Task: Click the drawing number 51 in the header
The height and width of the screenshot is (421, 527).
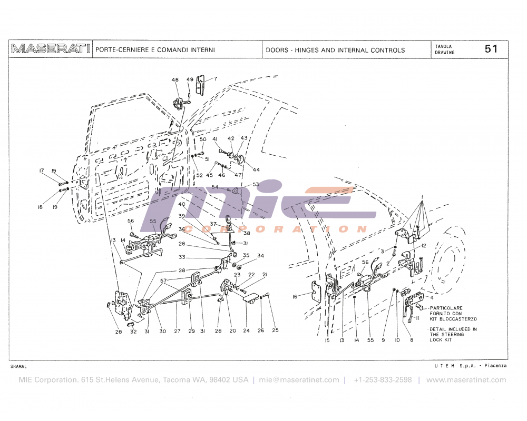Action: point(491,49)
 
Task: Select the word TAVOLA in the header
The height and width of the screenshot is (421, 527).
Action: point(443,46)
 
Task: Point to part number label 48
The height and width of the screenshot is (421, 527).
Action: point(175,80)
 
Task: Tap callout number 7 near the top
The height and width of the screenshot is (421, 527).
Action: point(215,79)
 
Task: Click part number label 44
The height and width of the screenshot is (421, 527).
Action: point(256,169)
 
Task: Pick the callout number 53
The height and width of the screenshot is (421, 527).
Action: point(256,184)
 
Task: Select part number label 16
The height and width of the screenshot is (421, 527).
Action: point(295,297)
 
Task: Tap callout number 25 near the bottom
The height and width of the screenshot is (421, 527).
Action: point(275,330)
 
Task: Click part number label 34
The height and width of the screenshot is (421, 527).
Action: point(260,256)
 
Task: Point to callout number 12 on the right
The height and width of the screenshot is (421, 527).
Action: point(423,246)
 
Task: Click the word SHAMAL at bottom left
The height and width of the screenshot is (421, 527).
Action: point(18,366)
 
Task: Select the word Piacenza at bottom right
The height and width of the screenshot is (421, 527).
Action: point(495,365)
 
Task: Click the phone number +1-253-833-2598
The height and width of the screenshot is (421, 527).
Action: point(383,380)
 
